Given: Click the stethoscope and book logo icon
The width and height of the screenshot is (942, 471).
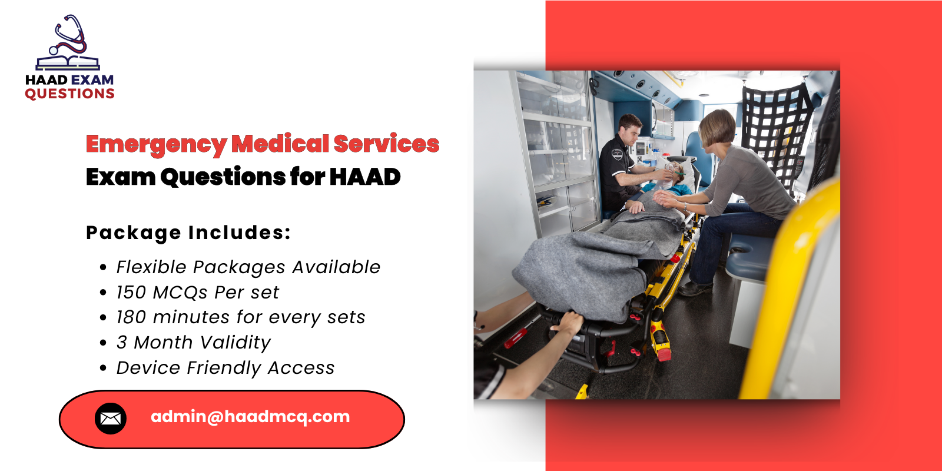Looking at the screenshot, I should click(x=68, y=44).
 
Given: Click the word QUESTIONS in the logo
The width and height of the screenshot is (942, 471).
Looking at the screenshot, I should click(x=69, y=94).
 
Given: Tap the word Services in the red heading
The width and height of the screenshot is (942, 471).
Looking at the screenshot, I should click(x=386, y=144).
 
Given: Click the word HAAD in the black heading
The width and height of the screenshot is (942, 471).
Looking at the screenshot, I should click(x=364, y=177).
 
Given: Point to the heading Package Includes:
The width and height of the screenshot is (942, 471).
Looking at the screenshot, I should click(x=188, y=233).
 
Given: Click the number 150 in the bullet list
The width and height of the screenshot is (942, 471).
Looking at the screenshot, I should click(x=131, y=293).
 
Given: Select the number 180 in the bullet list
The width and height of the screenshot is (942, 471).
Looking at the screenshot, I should click(x=131, y=317).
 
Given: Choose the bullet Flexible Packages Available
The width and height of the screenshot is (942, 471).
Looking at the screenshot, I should click(x=248, y=267).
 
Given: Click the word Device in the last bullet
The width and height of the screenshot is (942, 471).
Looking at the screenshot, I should click(x=148, y=368).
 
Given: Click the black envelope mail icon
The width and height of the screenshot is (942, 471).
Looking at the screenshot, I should click(x=111, y=419).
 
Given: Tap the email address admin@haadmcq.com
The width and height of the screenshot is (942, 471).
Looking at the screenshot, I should click(x=250, y=417).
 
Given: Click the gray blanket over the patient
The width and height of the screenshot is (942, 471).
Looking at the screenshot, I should click(x=589, y=259).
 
